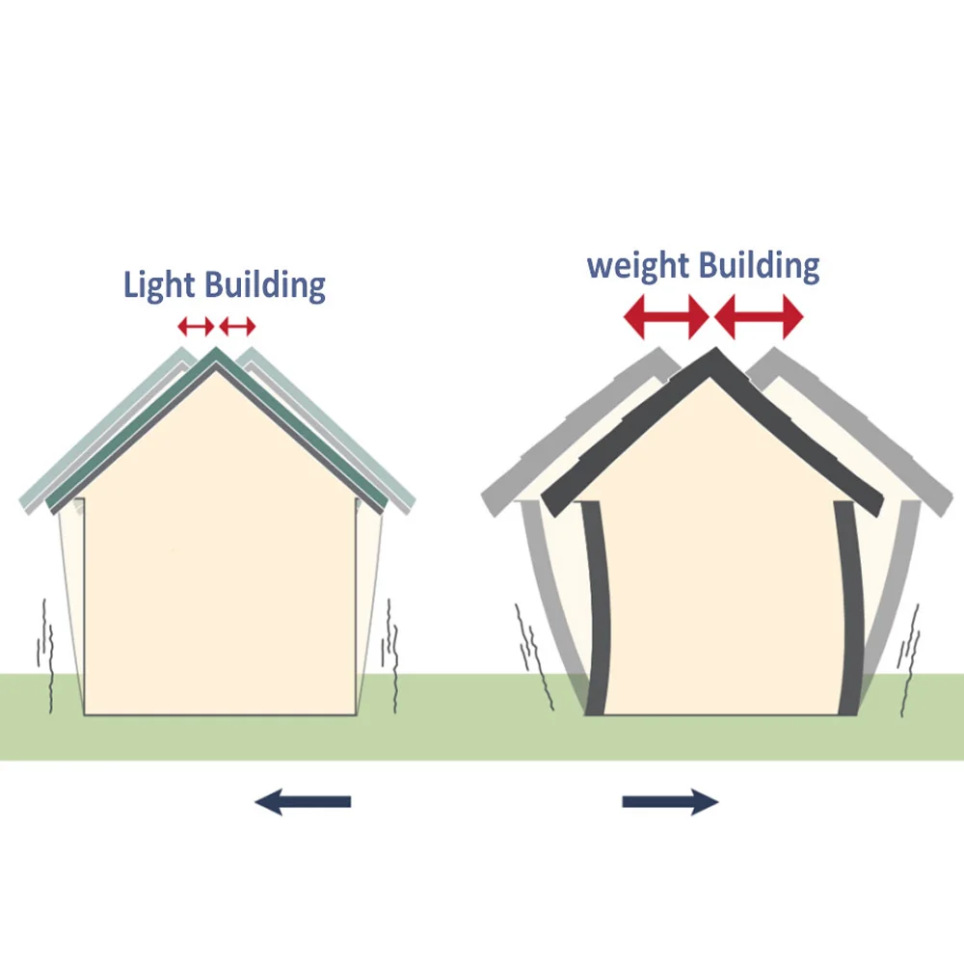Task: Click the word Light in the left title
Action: (159, 286)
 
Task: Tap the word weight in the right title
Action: (639, 265)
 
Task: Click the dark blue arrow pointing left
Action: (303, 800)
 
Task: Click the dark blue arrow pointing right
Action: (670, 800)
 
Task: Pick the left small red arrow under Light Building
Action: (196, 326)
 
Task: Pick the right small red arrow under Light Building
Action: (237, 326)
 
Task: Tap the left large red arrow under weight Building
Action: (666, 316)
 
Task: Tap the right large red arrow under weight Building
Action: (759, 316)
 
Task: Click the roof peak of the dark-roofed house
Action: (713, 357)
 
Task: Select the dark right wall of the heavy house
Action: (848, 607)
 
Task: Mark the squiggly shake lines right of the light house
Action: (391, 656)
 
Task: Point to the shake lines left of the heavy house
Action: (533, 660)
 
